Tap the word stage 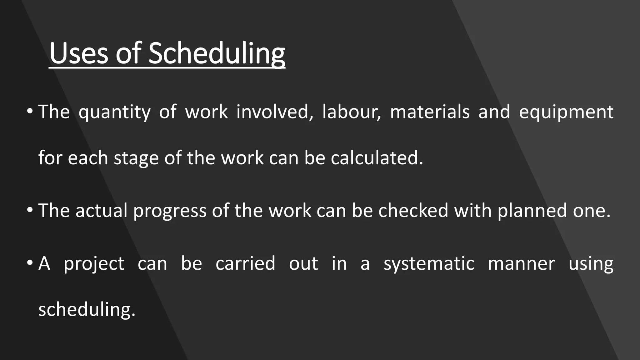coord(136,158)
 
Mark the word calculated coord(377,158)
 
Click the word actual coord(102,210)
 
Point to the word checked coord(413,210)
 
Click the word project coord(94,264)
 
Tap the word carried coord(245,263)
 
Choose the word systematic coord(429,264)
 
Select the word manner coord(521,263)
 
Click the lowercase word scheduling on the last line coord(87,309)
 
